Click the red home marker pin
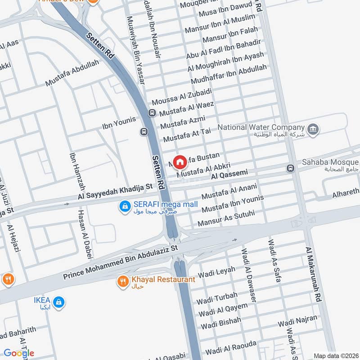point(180,161)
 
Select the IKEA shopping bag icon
point(58,302)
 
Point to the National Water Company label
point(261,127)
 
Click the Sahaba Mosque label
point(330,162)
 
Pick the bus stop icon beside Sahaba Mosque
point(291,168)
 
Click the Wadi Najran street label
point(297,322)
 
